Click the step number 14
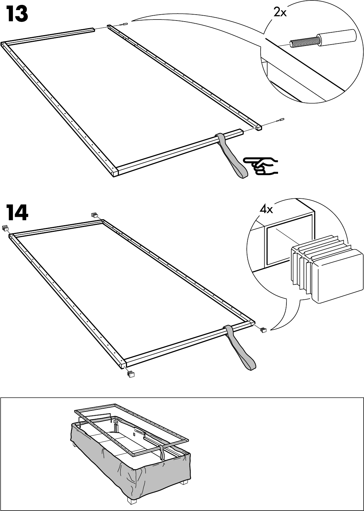pyautogui.click(x=17, y=212)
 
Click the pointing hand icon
pyautogui.click(x=261, y=165)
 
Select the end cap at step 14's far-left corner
pyautogui.click(x=5, y=228)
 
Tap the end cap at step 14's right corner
pyautogui.click(x=263, y=329)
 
